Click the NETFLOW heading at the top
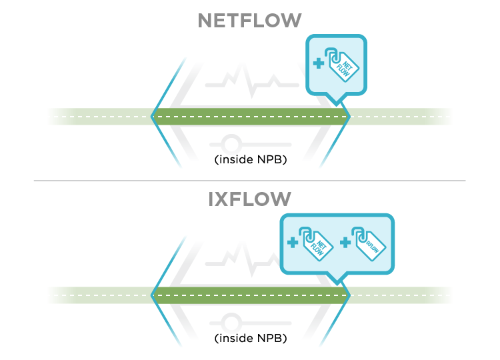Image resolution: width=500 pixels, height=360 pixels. click(249, 21)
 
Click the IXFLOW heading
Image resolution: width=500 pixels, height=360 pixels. click(249, 199)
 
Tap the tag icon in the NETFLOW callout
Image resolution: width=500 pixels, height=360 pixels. click(341, 64)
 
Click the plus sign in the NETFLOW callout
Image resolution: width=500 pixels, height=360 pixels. click(318, 64)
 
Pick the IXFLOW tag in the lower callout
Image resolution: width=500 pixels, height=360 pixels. click(368, 243)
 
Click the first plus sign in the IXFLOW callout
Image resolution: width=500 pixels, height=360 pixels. click(292, 243)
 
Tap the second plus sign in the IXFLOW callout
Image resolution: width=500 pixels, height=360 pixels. click(345, 243)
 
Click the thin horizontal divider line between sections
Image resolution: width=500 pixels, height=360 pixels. click(249, 181)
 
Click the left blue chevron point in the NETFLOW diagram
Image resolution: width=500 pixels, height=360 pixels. click(153, 117)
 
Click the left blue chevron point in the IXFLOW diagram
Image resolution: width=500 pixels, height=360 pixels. click(153, 295)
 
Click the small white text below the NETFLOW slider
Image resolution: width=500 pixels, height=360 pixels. click(269, 159)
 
